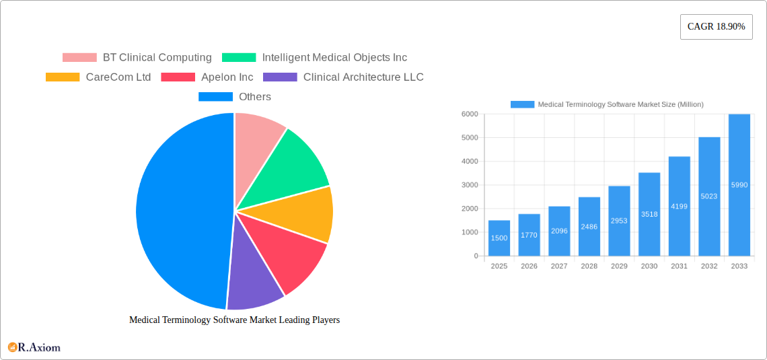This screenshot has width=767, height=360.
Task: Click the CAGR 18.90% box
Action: click(716, 27)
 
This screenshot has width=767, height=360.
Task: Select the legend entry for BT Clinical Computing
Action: click(137, 58)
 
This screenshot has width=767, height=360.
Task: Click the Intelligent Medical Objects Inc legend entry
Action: click(314, 58)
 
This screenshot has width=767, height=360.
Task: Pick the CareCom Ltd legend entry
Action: click(98, 77)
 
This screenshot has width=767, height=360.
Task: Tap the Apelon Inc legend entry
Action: click(207, 77)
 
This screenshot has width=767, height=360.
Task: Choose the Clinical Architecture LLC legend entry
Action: click(343, 77)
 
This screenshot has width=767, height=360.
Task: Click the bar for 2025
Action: click(499, 238)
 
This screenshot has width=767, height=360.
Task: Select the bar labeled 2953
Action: click(619, 221)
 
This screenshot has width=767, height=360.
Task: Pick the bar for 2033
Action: click(739, 185)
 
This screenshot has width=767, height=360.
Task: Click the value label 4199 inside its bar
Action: click(679, 207)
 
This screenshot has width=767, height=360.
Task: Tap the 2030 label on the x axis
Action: click(649, 266)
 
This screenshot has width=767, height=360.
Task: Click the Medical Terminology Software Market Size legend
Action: click(607, 104)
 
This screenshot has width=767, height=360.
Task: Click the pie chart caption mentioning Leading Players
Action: click(234, 320)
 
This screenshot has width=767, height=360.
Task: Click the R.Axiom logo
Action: click(34, 347)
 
